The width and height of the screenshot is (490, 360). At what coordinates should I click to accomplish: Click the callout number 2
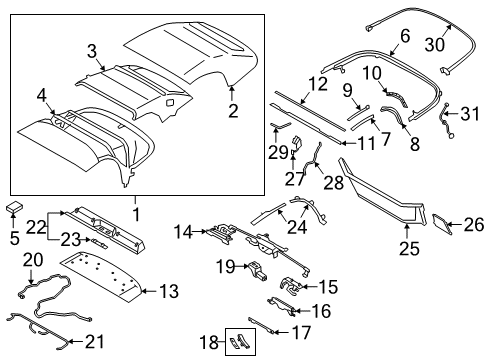(232, 113)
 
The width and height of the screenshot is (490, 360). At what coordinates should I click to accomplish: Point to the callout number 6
(405, 36)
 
